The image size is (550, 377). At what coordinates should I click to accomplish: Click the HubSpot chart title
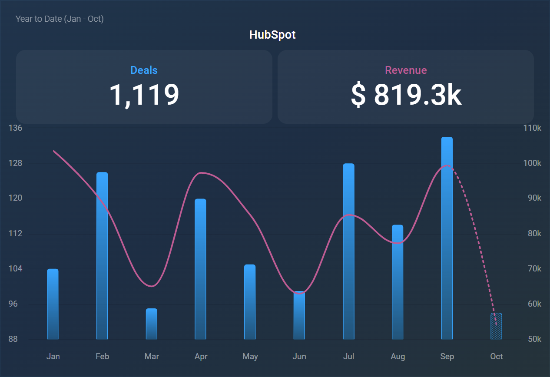[x=272, y=35]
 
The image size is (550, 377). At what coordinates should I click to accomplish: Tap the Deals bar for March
[x=151, y=324]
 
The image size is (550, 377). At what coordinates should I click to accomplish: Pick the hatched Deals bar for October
[x=496, y=327]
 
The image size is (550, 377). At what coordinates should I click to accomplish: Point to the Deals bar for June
[x=299, y=315]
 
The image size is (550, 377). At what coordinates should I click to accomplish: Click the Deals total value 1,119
[x=144, y=95]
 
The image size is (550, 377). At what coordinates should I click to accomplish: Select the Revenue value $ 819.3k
[x=406, y=95]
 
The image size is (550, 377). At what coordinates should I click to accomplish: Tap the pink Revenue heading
[x=406, y=70]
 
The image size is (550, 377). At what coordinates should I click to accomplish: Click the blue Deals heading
[x=144, y=70]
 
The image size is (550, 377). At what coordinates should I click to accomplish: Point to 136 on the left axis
[x=15, y=128]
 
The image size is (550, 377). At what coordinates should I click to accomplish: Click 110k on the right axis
[x=532, y=128]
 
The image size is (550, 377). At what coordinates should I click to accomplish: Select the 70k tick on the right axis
[x=533, y=269]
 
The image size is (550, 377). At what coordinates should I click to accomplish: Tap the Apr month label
[x=201, y=357]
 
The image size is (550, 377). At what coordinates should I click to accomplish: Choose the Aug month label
[x=398, y=357]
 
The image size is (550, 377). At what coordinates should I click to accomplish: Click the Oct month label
[x=496, y=357]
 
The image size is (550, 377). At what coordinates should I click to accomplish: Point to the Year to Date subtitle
[x=60, y=19]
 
